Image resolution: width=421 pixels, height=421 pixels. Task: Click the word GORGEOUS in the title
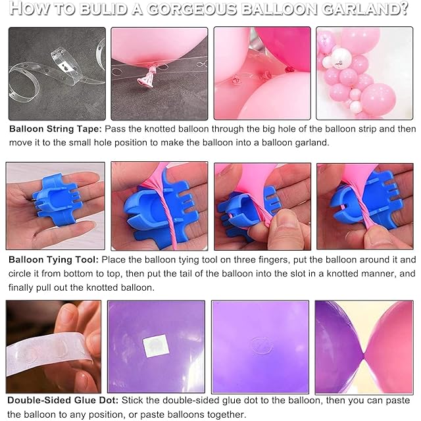tap(191, 9)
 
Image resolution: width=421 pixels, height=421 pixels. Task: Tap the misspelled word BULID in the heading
tap(103, 9)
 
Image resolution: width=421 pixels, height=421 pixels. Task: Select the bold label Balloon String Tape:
tap(55, 129)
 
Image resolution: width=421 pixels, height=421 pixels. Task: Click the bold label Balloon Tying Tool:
tap(54, 260)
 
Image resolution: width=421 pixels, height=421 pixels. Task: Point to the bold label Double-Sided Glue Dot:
tap(63, 401)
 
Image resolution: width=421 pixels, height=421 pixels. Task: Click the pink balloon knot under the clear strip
tap(147, 78)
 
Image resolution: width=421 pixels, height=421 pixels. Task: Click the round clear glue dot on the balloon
tap(262, 345)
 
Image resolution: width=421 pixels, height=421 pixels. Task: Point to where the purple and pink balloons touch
tap(364, 356)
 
